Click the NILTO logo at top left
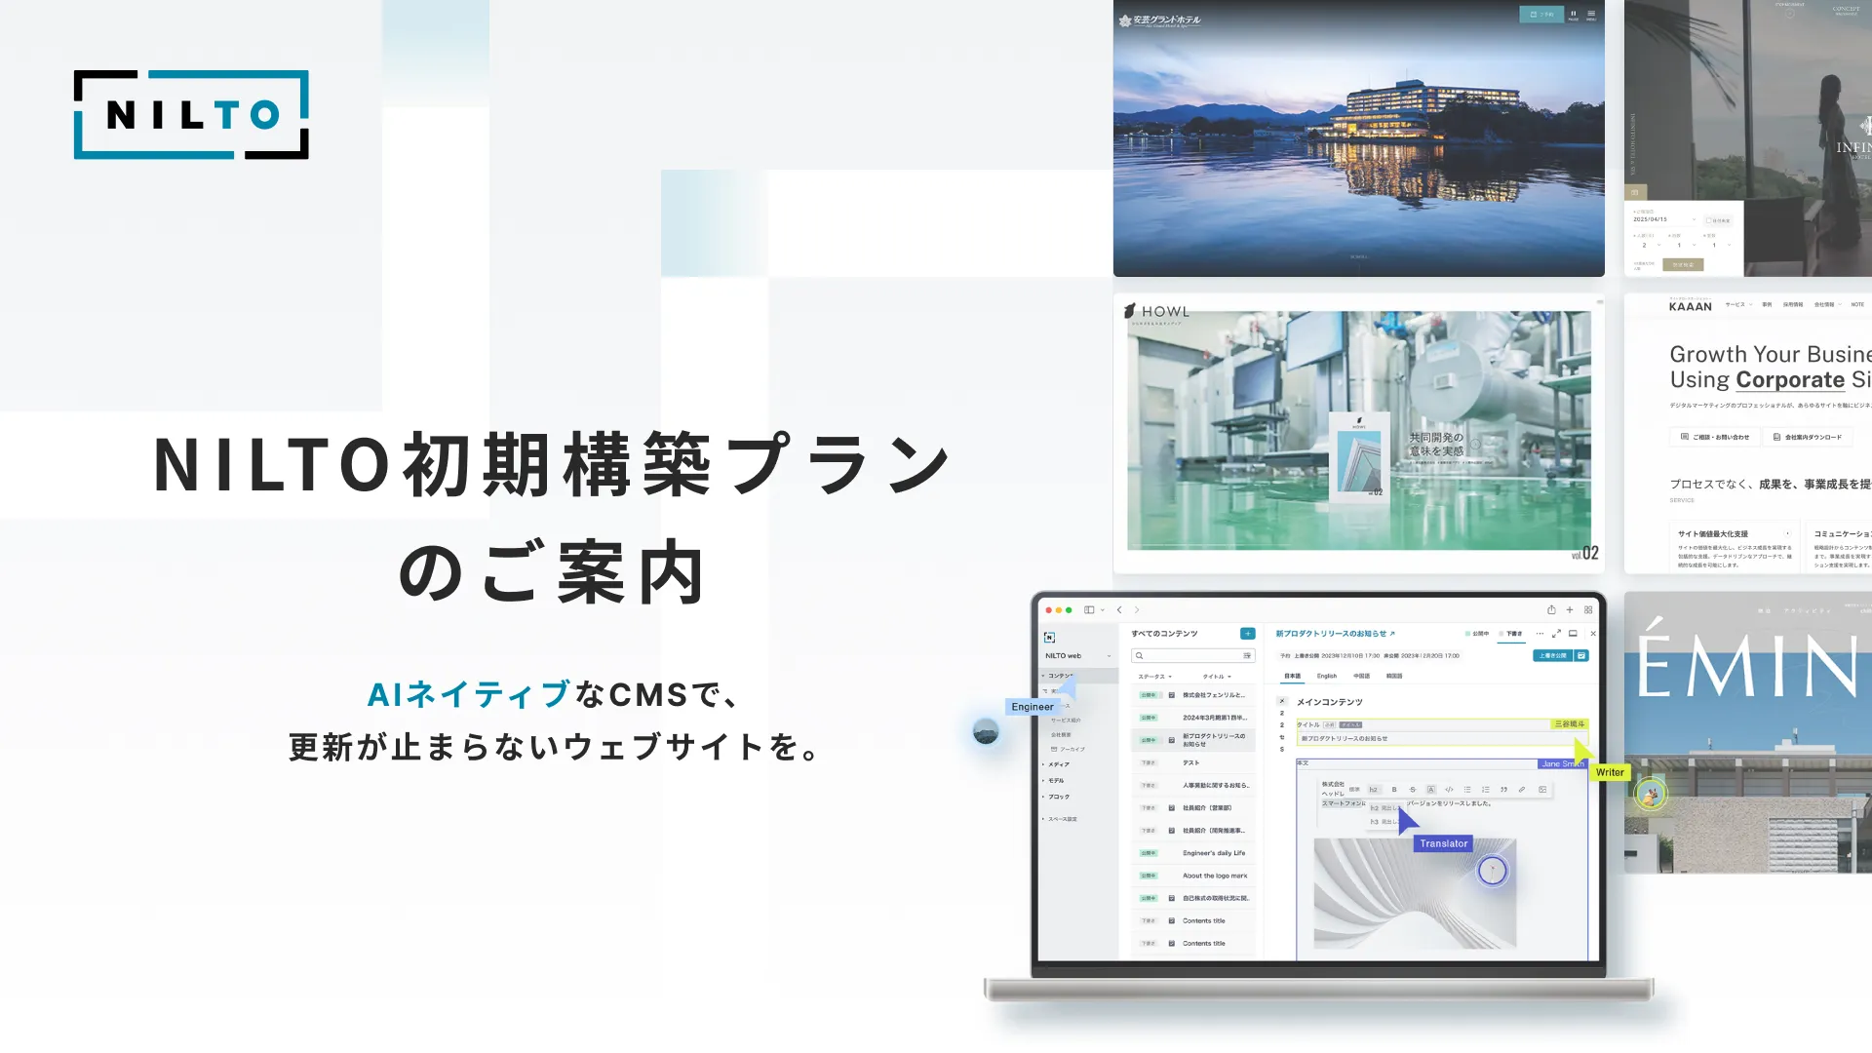click(x=191, y=115)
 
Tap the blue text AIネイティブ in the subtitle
click(x=468, y=694)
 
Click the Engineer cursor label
click(x=1033, y=707)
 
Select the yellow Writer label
click(x=1610, y=772)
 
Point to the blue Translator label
click(x=1443, y=843)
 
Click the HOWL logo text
click(x=1165, y=312)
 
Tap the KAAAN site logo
click(x=1690, y=306)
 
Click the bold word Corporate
click(x=1790, y=379)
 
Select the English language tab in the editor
click(x=1327, y=676)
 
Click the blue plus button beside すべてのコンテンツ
click(x=1247, y=634)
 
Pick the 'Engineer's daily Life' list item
click(x=1214, y=853)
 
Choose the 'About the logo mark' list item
click(x=1215, y=876)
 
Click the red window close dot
click(x=1049, y=610)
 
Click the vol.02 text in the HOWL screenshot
click(x=1584, y=554)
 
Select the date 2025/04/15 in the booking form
click(x=1651, y=219)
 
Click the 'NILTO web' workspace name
click(x=1063, y=656)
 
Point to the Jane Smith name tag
click(x=1562, y=763)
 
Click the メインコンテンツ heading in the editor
click(x=1329, y=702)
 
